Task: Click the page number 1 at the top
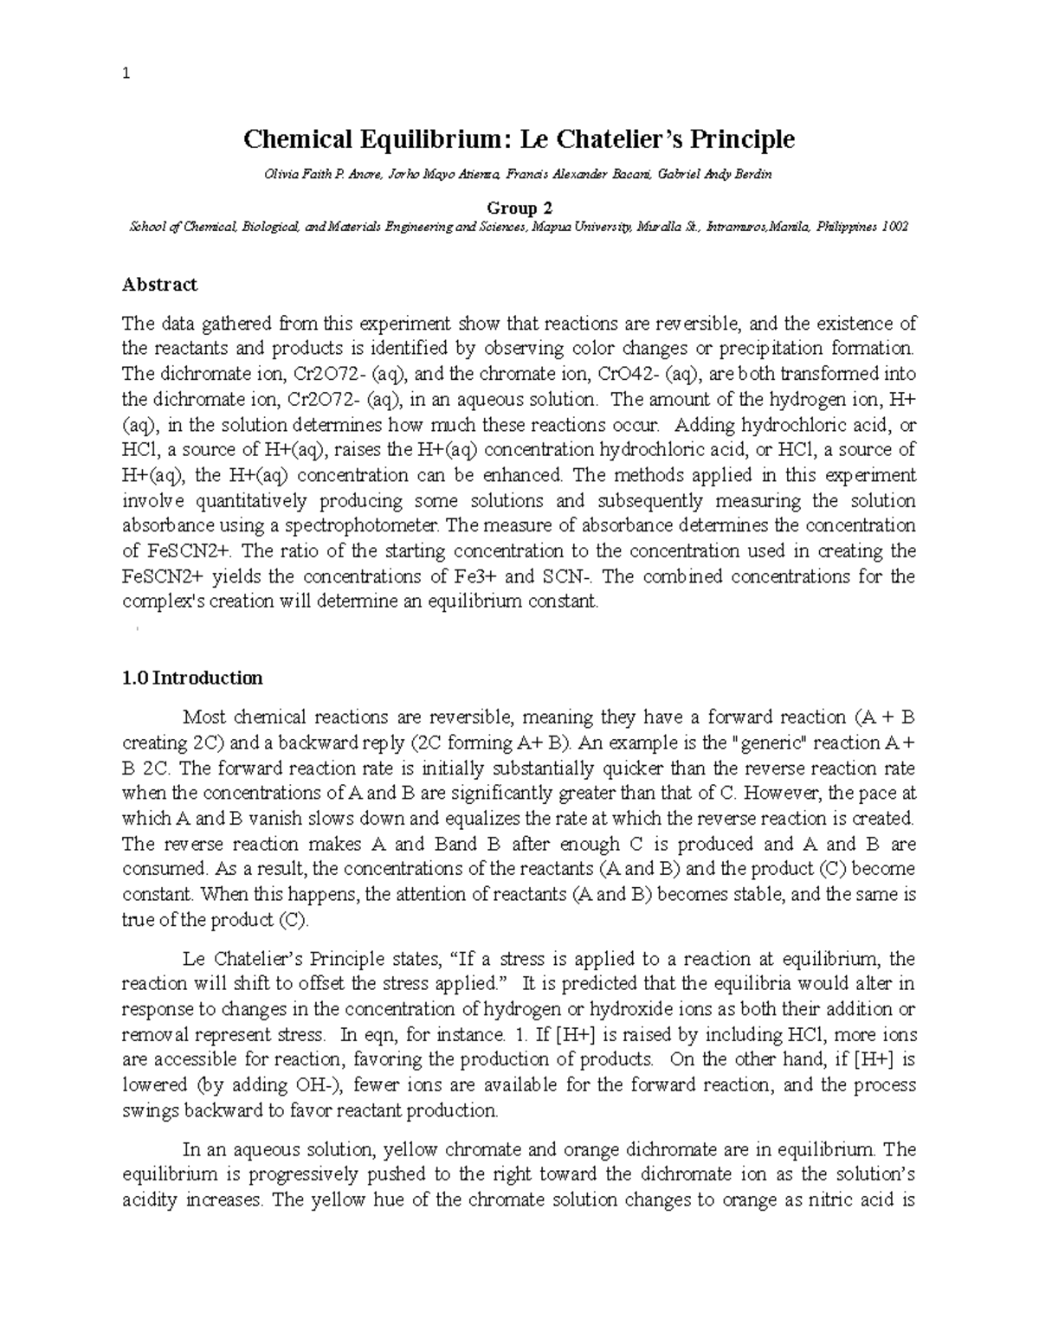(126, 74)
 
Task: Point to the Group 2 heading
(518, 209)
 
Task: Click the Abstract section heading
(159, 285)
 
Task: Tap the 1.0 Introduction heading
(192, 678)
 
